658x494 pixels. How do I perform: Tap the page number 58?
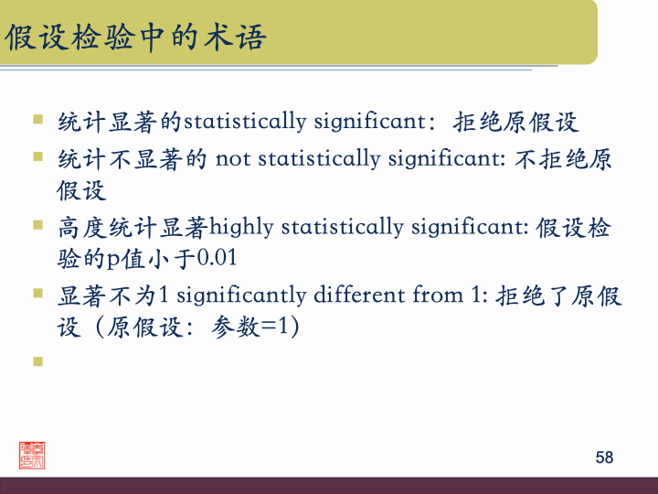coord(604,457)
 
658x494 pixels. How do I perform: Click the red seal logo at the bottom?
coord(32,455)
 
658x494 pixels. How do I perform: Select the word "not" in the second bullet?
coord(233,159)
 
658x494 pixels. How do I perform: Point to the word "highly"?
coord(241,227)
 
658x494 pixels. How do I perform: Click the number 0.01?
coord(218,259)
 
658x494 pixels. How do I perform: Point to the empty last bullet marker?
coord(37,361)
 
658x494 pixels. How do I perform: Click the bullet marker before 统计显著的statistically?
coord(37,119)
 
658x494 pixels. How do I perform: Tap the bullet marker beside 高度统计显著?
coord(37,224)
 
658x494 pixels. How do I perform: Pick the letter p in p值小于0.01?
coord(114,261)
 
